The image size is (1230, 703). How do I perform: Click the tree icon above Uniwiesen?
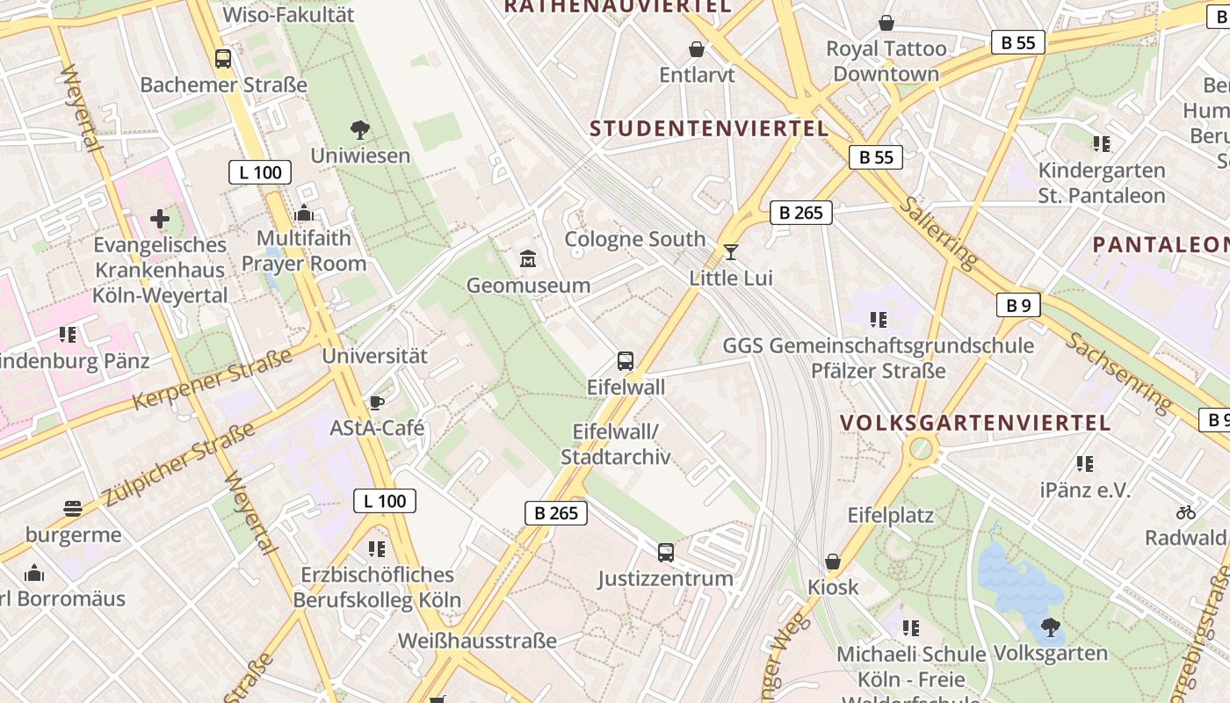(x=359, y=130)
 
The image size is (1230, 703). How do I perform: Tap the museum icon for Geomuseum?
(x=528, y=259)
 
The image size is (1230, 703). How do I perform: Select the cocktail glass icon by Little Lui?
(x=730, y=252)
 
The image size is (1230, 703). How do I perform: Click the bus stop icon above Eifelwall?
(x=626, y=360)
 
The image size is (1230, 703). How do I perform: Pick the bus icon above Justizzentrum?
(x=666, y=552)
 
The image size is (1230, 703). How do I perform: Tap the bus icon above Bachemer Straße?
(x=223, y=59)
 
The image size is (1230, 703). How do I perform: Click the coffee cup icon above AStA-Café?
(x=377, y=402)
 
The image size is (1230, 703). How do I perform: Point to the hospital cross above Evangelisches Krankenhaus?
(x=160, y=218)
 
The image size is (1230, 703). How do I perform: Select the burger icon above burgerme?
(x=73, y=509)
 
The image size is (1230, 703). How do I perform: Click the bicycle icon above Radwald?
(x=1186, y=511)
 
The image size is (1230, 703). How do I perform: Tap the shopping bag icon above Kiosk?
(x=833, y=561)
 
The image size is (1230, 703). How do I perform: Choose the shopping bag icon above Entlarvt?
(x=697, y=49)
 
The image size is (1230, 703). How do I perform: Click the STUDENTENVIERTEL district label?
(x=709, y=128)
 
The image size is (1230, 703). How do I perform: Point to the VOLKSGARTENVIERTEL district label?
(x=975, y=423)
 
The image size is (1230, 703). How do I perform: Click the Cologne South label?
(x=634, y=239)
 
